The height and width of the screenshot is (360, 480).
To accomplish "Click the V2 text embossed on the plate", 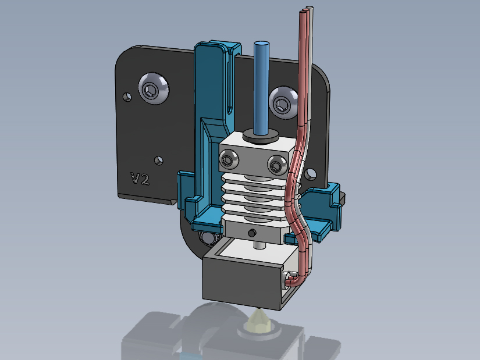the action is click(x=140, y=179).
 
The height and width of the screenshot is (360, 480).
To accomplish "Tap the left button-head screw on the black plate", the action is click(x=154, y=88).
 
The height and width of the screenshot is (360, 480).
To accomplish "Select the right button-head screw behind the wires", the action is click(x=283, y=102).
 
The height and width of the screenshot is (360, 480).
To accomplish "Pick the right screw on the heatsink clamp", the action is click(x=277, y=165).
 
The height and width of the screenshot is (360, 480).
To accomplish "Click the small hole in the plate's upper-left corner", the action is click(x=127, y=97).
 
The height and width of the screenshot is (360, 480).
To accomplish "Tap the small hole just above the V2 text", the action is click(x=159, y=161).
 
